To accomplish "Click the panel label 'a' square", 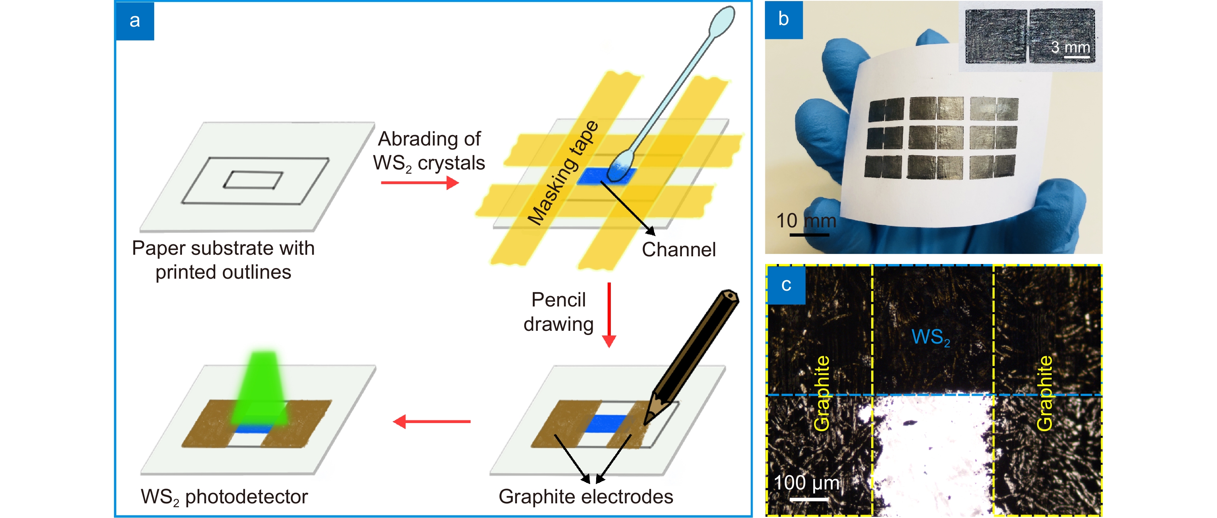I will pos(135,21).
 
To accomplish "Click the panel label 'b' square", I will pos(783,19).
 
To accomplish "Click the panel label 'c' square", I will pos(786,285).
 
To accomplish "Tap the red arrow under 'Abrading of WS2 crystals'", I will pos(420,183).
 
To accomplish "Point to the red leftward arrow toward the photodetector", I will pos(431,421).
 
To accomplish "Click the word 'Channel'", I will pos(678,250).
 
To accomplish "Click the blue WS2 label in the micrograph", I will pos(930,337).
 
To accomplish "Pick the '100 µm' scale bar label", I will pos(806,483).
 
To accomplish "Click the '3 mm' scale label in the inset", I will pos(1070,47).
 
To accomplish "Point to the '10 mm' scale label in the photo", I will pos(806,220).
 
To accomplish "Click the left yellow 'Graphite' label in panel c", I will pos(821,393).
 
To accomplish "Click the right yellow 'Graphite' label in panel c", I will pos(1045,393).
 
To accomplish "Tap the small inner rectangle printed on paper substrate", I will pos(253,180).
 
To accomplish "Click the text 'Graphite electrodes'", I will pos(585,497).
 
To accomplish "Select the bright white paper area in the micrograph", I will pos(931,453).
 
